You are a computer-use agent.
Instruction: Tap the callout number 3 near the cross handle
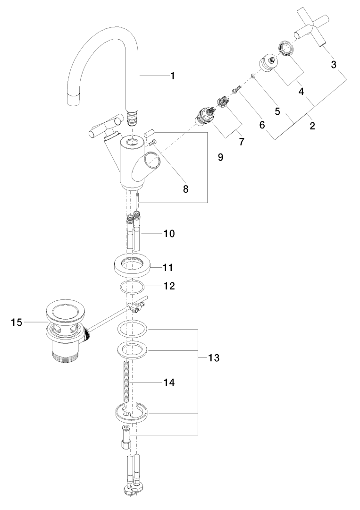(x=334, y=65)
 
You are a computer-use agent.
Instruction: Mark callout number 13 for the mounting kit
(x=213, y=358)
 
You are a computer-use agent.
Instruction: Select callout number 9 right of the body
(x=220, y=157)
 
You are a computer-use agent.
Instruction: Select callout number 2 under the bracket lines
(x=312, y=126)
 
